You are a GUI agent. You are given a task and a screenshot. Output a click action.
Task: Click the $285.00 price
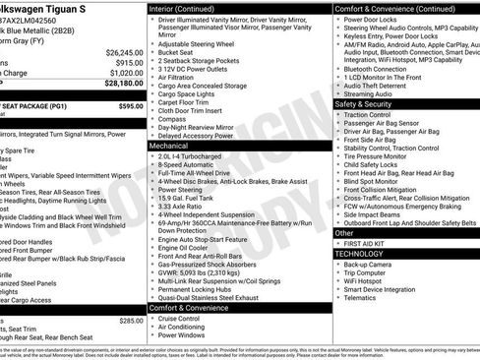pyautogui.click(x=131, y=321)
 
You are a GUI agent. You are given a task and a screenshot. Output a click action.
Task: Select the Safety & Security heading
pyautogui.click(x=364, y=103)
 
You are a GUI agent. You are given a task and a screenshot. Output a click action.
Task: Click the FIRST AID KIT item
pyautogui.click(x=371, y=243)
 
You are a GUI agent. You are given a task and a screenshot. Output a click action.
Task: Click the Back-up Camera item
pyautogui.click(x=373, y=265)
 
